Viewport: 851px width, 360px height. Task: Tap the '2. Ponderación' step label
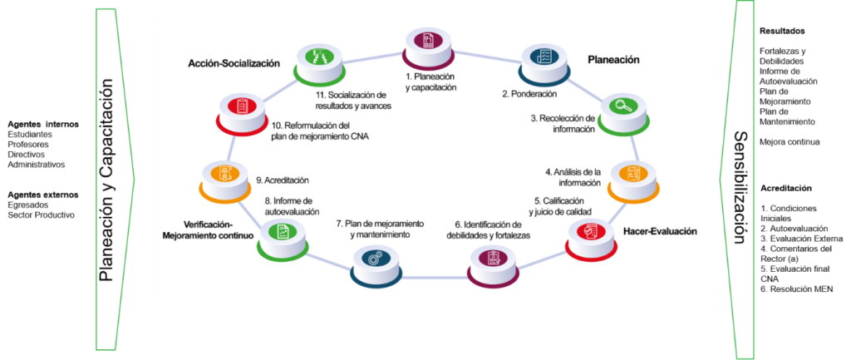529,94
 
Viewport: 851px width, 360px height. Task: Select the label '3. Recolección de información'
563,123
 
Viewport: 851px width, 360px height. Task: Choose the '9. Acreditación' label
282,180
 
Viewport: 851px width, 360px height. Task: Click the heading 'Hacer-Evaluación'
660,231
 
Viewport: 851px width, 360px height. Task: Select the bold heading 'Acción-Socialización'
234,63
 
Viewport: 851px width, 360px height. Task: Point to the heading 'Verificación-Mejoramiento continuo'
208,229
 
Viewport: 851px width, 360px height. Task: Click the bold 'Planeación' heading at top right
613,60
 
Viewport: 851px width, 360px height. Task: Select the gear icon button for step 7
375,259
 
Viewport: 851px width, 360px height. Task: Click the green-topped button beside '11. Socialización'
318,59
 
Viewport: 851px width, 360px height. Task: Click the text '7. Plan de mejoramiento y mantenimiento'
381,229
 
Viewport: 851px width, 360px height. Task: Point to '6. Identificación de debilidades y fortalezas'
488,229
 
